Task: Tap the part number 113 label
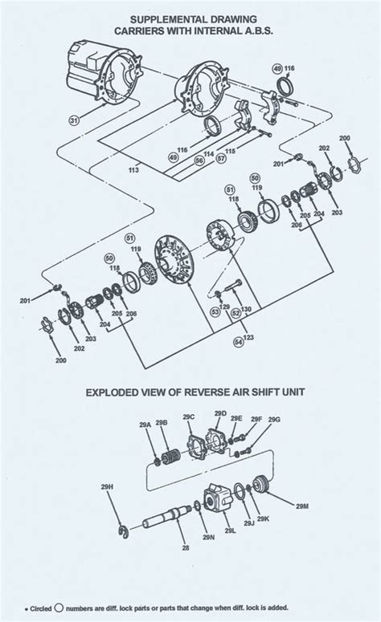[x=133, y=169]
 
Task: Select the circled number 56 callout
[x=199, y=160]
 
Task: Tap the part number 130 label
[x=247, y=309]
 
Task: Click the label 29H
[x=110, y=509]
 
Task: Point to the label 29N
[x=208, y=537]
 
